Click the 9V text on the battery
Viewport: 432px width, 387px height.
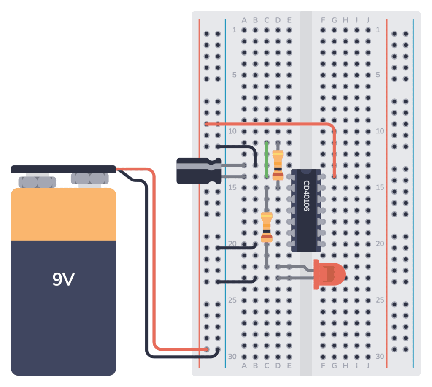coord(63,279)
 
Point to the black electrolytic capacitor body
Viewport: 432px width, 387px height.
coord(196,170)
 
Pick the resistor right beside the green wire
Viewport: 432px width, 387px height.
coord(278,165)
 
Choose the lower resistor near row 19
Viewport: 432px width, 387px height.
coord(266,228)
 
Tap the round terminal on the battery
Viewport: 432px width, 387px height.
coord(89,179)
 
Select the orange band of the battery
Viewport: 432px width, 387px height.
coord(63,214)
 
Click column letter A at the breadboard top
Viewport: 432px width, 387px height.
coord(244,20)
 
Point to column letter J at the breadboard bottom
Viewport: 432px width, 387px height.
coord(368,365)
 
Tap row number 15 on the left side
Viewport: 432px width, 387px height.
coord(232,187)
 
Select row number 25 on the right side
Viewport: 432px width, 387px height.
coord(380,300)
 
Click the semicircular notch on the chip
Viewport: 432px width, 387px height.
coord(306,171)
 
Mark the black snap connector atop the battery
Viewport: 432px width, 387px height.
coord(63,169)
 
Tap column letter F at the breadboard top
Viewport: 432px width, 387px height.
coord(323,20)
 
